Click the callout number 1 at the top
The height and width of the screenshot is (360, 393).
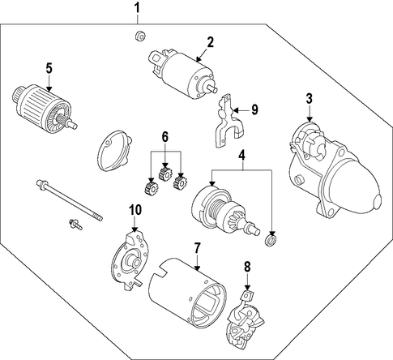(x=138, y=8)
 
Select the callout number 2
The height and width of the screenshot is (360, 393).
(x=210, y=42)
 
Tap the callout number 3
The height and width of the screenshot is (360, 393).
(x=309, y=99)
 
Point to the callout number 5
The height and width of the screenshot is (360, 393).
(x=49, y=68)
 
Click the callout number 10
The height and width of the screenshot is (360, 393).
(x=135, y=210)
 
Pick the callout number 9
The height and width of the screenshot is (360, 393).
(x=254, y=109)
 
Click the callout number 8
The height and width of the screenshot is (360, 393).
(x=247, y=267)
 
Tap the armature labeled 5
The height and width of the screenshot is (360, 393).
(x=45, y=109)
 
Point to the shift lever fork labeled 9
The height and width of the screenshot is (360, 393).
(x=229, y=121)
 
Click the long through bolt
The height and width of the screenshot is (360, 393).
(x=70, y=200)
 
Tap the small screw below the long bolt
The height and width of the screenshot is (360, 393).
(x=75, y=225)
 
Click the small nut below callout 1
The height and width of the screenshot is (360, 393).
(x=140, y=36)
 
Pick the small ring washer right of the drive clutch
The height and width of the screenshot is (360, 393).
(x=271, y=240)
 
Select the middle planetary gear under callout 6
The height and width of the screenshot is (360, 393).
(x=164, y=174)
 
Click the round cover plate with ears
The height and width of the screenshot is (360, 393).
(x=115, y=151)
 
